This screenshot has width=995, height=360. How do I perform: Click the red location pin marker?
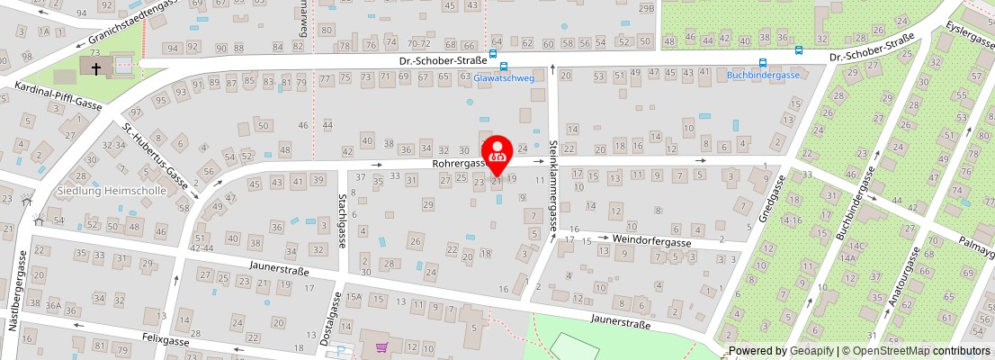(497, 152)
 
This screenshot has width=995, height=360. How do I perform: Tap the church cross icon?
(95, 67)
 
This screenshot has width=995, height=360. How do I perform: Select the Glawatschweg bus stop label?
(504, 78)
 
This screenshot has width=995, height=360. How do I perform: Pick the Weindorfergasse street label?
(651, 242)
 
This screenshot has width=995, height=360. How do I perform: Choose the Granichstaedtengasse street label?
(136, 22)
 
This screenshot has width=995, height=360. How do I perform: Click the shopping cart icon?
(381, 346)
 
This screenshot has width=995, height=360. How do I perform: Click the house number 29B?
(646, 8)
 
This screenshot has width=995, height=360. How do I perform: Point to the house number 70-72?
(418, 43)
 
